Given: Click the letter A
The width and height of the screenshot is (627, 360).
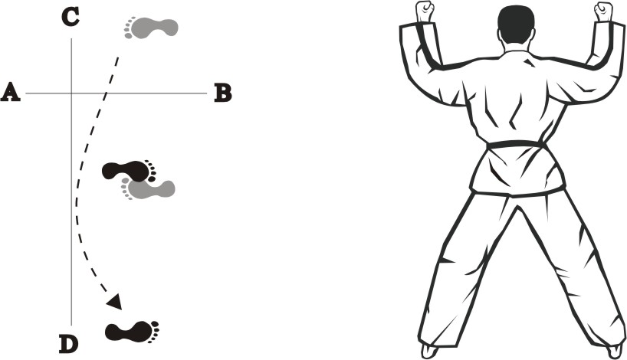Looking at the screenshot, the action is [x=11, y=93].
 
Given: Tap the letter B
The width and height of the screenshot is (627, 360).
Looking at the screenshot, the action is [x=223, y=93].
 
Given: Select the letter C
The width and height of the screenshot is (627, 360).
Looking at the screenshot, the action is [x=71, y=18].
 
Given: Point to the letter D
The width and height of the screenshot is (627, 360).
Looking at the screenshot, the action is [x=69, y=345].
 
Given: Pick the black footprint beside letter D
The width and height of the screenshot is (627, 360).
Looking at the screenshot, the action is [x=133, y=331].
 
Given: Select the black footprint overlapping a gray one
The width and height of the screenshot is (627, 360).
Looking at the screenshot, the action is [x=129, y=171].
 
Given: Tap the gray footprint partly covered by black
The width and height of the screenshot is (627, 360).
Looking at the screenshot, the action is [x=149, y=189].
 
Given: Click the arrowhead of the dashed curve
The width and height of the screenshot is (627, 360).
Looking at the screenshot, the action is [x=114, y=301].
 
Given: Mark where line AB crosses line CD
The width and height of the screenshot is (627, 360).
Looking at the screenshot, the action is [x=71, y=93].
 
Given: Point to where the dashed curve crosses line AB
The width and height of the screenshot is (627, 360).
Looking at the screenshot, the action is [x=106, y=93].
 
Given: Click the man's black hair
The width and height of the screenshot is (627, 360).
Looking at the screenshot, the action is [x=516, y=24].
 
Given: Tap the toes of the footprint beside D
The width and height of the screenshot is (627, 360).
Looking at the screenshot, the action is [x=154, y=331].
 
